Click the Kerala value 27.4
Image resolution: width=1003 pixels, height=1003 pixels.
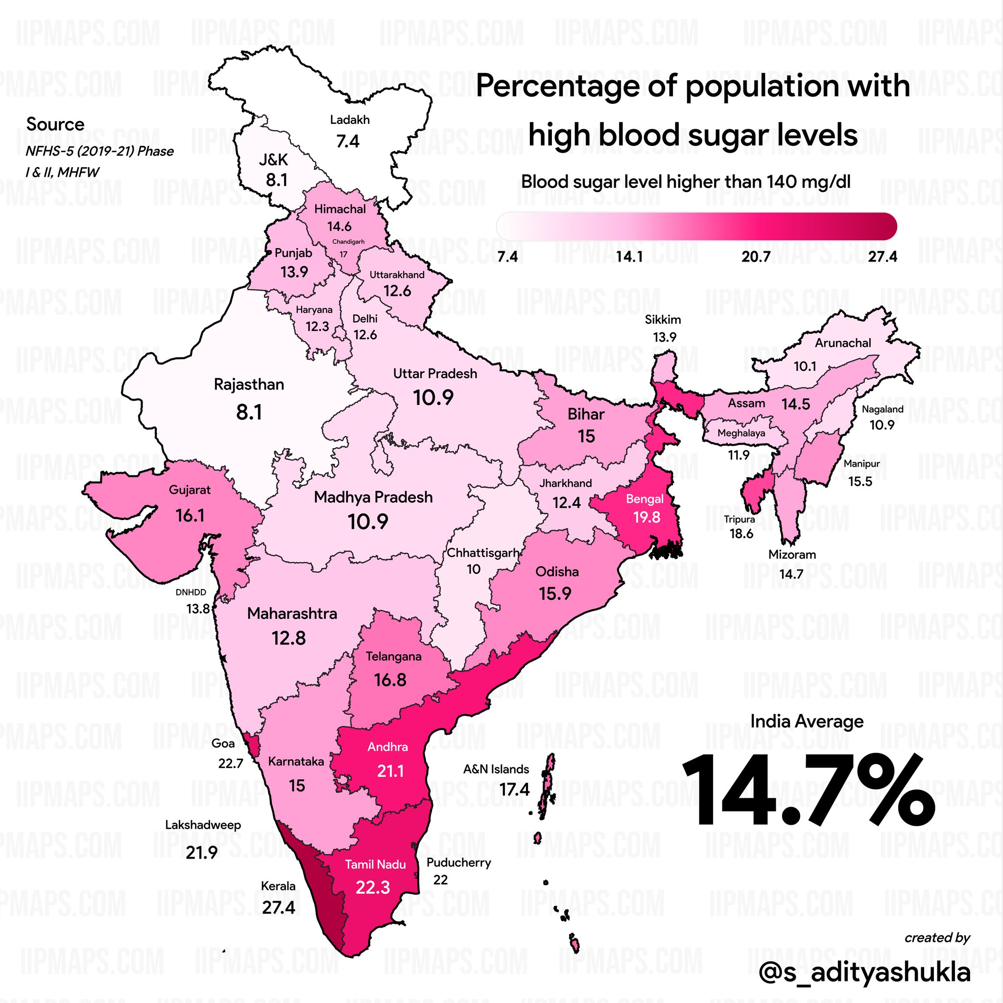click(278, 907)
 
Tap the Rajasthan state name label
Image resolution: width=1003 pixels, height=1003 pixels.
click(249, 384)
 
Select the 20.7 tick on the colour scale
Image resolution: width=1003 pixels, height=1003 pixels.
click(755, 257)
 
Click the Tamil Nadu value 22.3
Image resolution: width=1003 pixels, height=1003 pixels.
click(373, 887)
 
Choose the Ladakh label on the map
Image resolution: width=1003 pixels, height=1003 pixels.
click(350, 120)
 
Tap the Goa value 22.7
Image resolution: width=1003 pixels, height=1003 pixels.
click(231, 764)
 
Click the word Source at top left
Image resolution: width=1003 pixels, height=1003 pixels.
click(55, 124)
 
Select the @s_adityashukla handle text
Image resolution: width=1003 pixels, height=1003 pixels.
click(864, 972)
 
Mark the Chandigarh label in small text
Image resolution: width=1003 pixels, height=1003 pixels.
click(348, 241)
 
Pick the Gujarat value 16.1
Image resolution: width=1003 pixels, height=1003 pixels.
click(190, 516)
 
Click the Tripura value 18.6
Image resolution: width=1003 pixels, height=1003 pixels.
click(741, 534)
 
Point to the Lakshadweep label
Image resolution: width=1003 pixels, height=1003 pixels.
click(203, 825)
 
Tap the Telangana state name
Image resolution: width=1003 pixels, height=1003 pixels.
click(394, 657)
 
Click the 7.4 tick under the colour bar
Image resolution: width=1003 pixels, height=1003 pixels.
click(507, 257)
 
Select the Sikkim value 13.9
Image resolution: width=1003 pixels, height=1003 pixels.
click(665, 337)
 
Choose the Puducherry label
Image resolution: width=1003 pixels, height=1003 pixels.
click(459, 862)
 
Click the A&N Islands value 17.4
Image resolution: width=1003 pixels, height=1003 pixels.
click(515, 789)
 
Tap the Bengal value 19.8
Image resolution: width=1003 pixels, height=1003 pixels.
click(646, 517)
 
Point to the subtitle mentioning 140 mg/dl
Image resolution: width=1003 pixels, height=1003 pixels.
click(686, 182)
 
